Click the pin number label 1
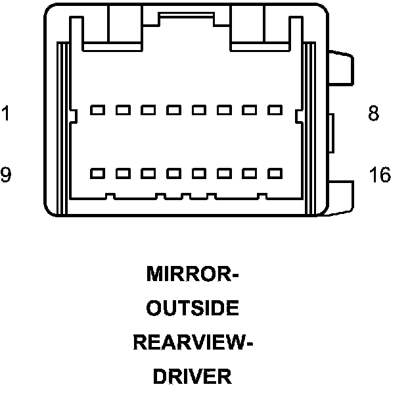5,114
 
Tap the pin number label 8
373,114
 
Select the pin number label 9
5,175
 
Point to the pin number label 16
379,175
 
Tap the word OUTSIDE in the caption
192,308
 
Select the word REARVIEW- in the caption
193,342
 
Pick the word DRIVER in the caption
192,377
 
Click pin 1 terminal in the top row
97,110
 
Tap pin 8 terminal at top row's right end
274,110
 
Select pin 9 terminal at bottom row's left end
97,173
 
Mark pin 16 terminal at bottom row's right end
274,173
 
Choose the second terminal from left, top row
122,110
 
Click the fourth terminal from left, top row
173,110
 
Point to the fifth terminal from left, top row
198,110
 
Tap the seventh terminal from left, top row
249,110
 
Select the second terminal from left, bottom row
122,173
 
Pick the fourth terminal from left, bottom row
173,173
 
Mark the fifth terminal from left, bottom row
198,173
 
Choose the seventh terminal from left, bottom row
249,173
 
